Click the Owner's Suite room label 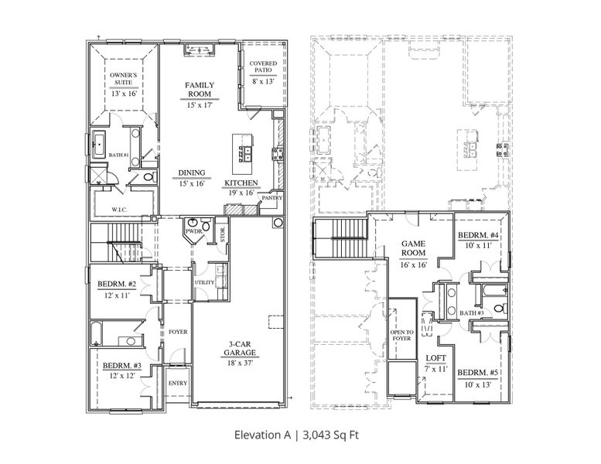tap(121, 80)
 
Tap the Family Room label tap(200, 89)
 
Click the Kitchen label tap(241, 183)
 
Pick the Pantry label tap(271, 198)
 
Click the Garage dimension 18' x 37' tap(240, 362)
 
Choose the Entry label tap(177, 383)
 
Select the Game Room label tap(414, 247)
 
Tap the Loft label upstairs tap(436, 358)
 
